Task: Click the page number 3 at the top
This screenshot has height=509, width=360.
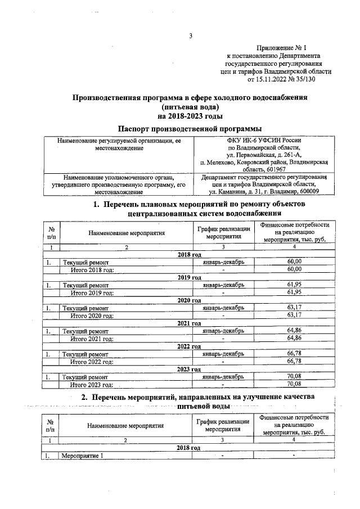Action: (x=190, y=37)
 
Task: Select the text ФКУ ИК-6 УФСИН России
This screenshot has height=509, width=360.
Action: (x=264, y=140)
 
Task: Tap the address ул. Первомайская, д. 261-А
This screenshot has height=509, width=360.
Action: (x=264, y=155)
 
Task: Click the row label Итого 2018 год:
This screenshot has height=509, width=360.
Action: (x=92, y=270)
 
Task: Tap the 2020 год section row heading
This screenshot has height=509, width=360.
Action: (x=190, y=300)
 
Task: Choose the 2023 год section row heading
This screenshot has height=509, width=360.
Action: (x=190, y=369)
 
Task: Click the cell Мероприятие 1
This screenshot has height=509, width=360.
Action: (x=83, y=456)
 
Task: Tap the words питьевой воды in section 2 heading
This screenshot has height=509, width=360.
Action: (x=203, y=406)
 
